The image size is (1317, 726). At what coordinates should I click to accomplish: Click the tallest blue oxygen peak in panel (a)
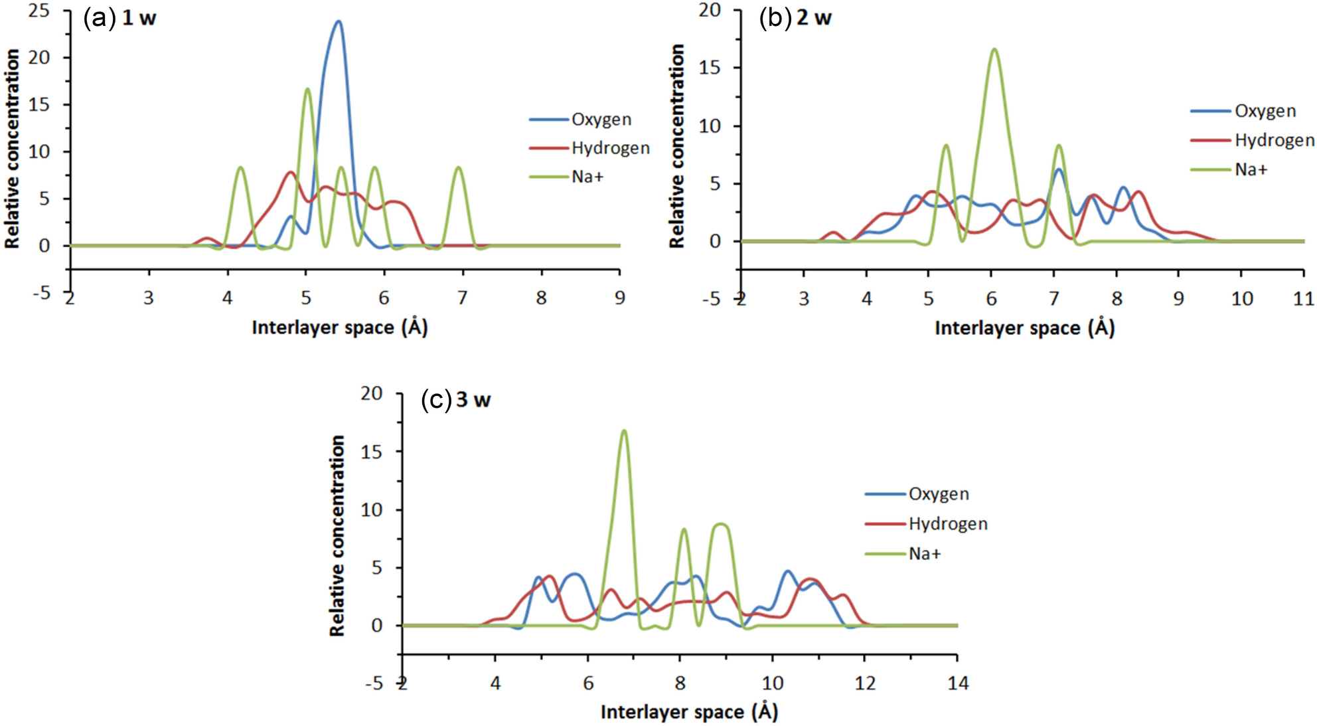(339, 22)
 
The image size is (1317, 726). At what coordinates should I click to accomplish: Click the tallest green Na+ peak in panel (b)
(994, 50)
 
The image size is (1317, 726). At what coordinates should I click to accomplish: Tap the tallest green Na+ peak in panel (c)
(623, 432)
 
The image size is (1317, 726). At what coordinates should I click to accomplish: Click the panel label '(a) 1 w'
(119, 18)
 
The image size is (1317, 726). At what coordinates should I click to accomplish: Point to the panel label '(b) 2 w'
(795, 18)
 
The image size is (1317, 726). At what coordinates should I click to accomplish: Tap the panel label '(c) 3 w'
(456, 400)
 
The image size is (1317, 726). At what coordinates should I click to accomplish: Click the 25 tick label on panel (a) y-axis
(39, 11)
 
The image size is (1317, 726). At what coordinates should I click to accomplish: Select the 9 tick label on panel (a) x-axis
(619, 298)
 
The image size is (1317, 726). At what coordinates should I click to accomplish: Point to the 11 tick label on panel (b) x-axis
(1303, 299)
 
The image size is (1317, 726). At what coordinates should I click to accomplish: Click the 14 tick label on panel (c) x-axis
(957, 683)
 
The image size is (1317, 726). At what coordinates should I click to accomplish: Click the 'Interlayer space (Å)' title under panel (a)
(340, 327)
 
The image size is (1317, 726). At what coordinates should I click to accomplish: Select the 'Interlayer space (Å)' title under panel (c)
(689, 712)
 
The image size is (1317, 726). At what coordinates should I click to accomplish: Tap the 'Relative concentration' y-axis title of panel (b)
(676, 146)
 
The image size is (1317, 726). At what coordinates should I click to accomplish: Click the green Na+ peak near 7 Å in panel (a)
(458, 169)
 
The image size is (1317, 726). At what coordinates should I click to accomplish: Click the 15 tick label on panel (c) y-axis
(372, 452)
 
